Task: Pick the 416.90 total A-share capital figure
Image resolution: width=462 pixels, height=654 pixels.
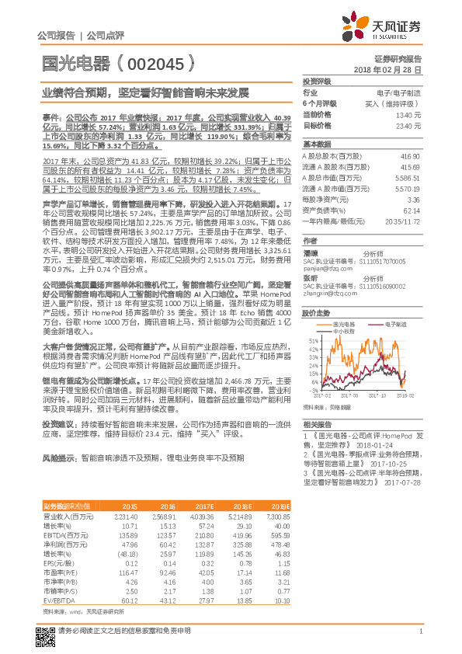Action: click(412, 156)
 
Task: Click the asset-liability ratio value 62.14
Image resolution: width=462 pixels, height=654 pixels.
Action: click(412, 210)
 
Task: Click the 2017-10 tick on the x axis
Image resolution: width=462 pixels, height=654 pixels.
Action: click(380, 395)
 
